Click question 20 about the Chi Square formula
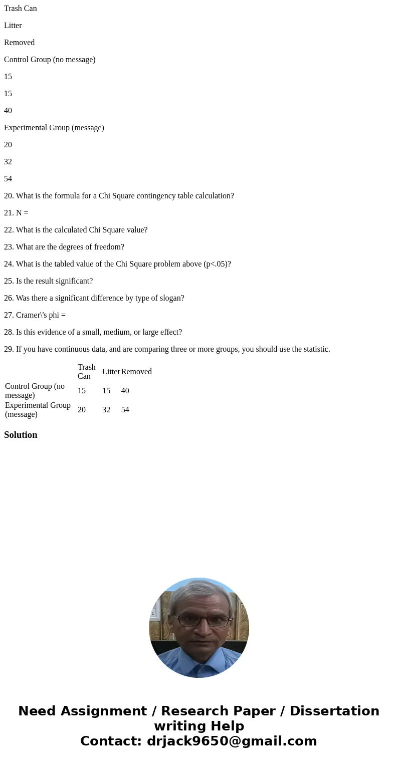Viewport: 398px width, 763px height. click(119, 196)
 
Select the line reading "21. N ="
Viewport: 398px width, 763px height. click(16, 213)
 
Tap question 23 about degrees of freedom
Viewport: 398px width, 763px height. click(64, 247)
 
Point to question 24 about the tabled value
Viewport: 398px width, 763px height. click(117, 264)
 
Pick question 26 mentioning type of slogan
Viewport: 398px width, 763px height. click(94, 298)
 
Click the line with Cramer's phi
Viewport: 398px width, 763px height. click(35, 315)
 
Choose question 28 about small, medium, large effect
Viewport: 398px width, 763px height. click(93, 332)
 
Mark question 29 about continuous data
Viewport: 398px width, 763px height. click(167, 349)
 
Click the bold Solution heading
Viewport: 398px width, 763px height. click(21, 435)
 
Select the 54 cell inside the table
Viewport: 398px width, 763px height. click(125, 410)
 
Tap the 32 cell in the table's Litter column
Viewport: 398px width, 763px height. click(106, 410)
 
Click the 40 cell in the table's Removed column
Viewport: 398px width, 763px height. click(125, 391)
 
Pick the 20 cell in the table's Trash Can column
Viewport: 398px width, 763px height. click(82, 410)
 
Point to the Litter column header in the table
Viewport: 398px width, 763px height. click(111, 372)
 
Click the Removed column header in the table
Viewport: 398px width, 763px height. click(136, 372)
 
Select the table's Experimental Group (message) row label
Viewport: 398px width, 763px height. click(38, 410)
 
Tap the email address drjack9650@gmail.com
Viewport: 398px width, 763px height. click(232, 741)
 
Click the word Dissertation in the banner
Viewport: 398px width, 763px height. click(334, 711)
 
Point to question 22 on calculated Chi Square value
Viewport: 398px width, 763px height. click(76, 230)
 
